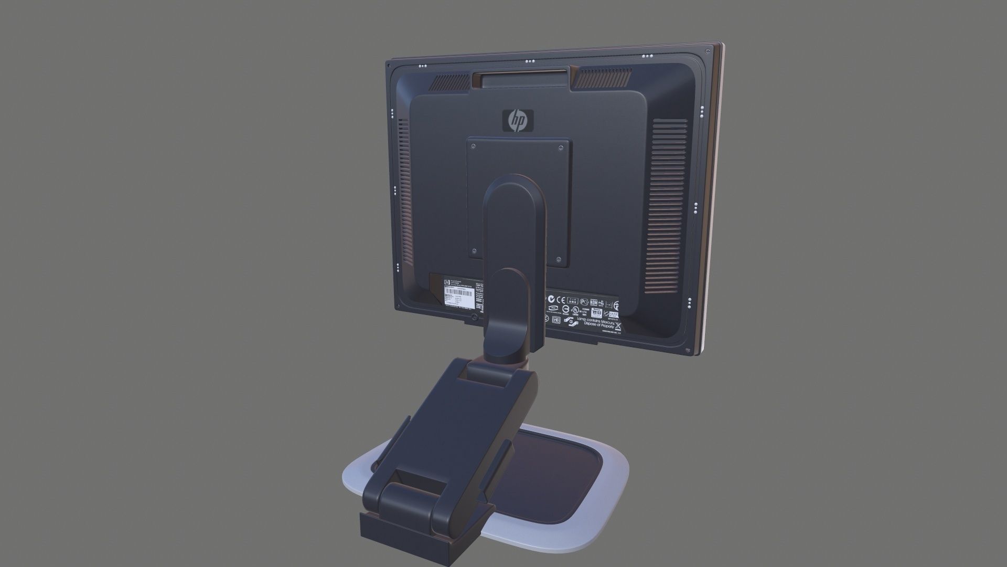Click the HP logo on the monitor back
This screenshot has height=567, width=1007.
(518, 121)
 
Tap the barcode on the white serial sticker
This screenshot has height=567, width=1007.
(459, 292)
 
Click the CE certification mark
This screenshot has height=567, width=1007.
(561, 300)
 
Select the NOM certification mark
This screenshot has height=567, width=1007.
(594, 302)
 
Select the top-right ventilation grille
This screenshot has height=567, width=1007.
(599, 78)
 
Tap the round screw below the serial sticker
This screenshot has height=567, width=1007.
(475, 317)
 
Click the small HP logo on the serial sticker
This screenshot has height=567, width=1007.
(447, 282)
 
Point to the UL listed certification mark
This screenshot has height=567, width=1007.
(575, 310)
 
